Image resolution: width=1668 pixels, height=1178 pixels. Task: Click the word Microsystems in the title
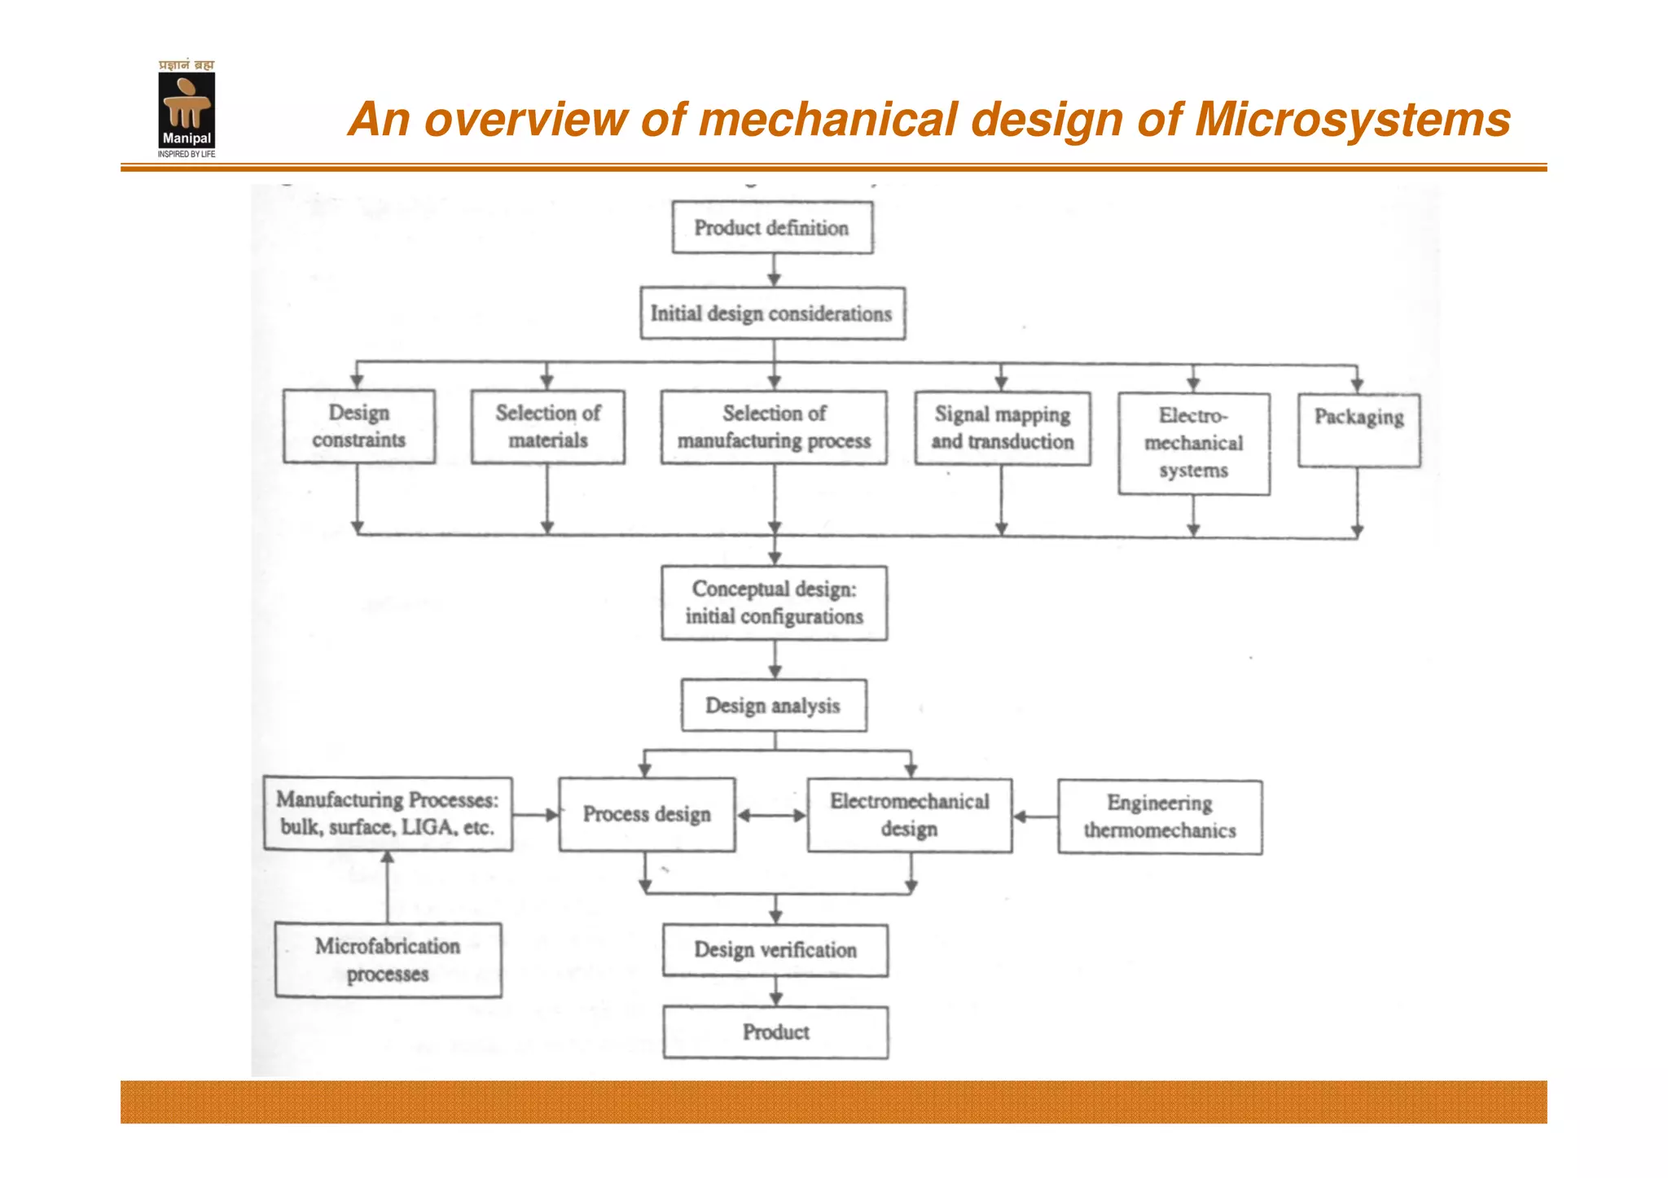[x=1352, y=120]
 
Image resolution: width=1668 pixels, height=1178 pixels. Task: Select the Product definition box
[x=772, y=228]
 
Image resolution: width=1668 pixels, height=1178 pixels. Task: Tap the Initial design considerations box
[x=772, y=313]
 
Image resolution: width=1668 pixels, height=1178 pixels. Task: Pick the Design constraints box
[x=358, y=427]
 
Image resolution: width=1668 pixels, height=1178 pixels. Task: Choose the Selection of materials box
[x=547, y=427]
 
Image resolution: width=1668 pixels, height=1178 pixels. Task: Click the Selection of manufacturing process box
[x=774, y=427]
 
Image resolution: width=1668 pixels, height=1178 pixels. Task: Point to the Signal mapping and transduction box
[x=1002, y=428]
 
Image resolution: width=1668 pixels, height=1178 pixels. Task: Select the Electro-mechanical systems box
[x=1193, y=444]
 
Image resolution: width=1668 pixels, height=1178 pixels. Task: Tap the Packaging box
[x=1359, y=430]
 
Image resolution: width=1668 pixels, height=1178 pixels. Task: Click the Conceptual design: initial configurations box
[x=774, y=602]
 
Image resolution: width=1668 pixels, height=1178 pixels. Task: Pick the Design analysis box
[x=774, y=705]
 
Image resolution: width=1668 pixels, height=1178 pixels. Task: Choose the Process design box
[x=647, y=814]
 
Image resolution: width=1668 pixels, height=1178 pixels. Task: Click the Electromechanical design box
[x=909, y=815]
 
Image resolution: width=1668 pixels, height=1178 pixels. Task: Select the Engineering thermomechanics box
[x=1160, y=817]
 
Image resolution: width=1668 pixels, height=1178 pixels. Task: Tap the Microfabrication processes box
[x=388, y=960]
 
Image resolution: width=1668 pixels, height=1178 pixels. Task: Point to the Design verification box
[x=775, y=950]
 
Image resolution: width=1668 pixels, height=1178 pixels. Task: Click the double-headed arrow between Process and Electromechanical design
[x=771, y=815]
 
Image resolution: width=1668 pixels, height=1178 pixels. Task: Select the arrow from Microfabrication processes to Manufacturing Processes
[x=388, y=887]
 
